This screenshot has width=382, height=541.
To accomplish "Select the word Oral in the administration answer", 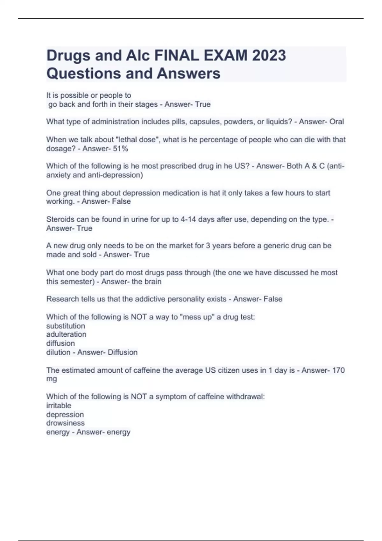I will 336,122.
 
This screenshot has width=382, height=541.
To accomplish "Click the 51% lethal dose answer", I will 120,149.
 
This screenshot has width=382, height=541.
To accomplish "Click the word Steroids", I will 60,219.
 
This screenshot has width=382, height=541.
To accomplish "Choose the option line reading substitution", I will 66,326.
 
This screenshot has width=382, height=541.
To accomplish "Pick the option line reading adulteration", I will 66,334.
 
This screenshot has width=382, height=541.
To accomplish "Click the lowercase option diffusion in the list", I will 60,343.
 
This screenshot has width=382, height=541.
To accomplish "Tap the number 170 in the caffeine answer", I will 338,370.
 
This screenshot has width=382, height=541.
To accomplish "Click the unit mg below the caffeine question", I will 52,379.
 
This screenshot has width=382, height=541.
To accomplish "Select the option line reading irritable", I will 59,406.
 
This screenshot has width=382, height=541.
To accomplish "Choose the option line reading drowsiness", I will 65,423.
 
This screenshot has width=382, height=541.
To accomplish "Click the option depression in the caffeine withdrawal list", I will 65,415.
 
